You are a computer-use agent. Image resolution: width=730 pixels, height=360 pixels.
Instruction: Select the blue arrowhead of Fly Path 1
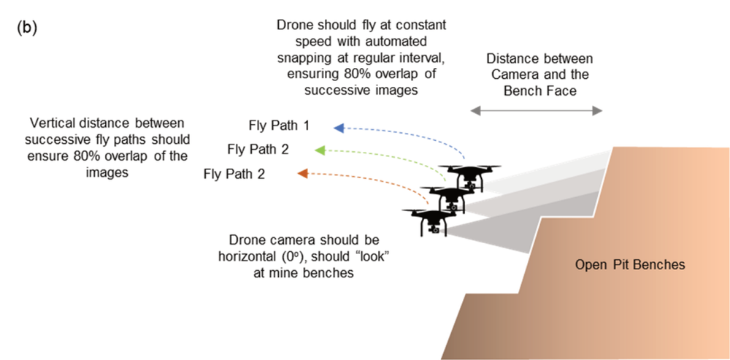point(339,129)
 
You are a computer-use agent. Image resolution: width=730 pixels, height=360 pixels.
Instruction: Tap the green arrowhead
point(320,150)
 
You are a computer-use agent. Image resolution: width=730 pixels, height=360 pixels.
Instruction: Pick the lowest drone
point(432,219)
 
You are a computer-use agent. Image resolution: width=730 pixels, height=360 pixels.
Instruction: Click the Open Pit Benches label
point(629,264)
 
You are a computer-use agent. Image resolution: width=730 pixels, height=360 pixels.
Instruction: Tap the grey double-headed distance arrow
point(537,110)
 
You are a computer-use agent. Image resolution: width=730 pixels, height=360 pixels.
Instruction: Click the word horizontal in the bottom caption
point(250,256)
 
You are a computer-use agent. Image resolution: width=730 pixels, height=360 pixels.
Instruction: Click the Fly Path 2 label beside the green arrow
point(258,150)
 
